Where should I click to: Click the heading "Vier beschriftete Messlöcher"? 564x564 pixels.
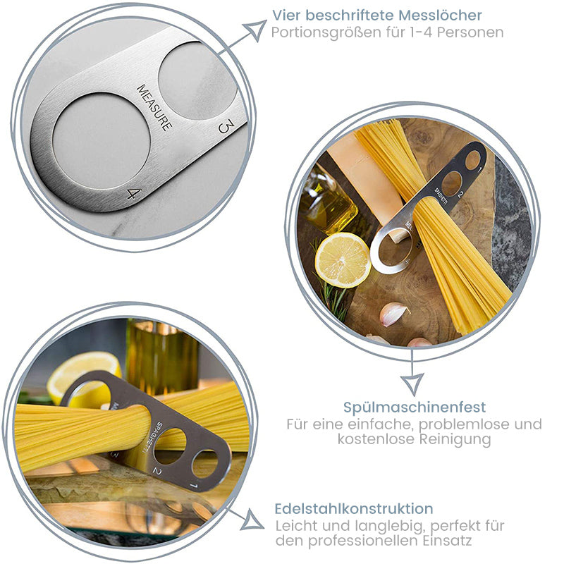377,16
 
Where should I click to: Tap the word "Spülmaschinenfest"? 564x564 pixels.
415,407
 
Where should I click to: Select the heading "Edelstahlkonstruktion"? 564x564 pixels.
354,508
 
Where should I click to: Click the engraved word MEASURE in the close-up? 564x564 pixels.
154,108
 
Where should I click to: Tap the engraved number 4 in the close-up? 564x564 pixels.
134,193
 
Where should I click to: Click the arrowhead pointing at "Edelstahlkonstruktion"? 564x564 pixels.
252,521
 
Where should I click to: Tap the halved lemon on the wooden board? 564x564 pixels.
343,259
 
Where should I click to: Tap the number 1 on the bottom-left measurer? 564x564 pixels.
194,486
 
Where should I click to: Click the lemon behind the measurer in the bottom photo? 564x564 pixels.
85,378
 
